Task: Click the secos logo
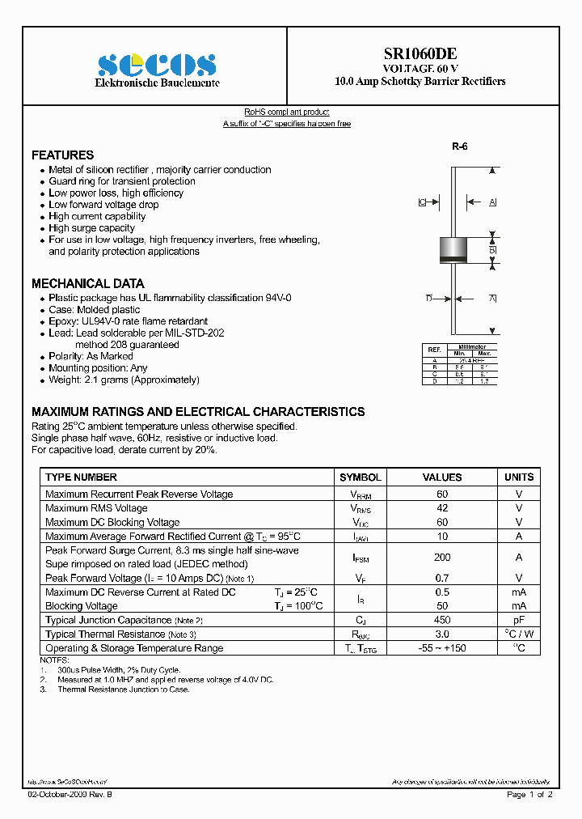click(157, 64)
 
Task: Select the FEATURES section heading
click(62, 155)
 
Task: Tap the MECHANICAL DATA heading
click(87, 283)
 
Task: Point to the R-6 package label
click(459, 146)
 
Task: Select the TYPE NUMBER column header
click(81, 477)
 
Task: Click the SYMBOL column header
click(360, 477)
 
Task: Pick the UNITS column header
click(519, 477)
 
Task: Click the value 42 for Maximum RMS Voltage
click(442, 508)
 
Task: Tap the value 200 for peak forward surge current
click(442, 557)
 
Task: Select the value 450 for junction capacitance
click(442, 620)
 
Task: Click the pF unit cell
click(519, 620)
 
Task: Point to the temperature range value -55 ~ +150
click(442, 648)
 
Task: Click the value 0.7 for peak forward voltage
click(442, 578)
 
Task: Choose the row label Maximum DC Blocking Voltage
click(112, 522)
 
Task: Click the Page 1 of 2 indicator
click(529, 795)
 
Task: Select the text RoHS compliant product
click(287, 112)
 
